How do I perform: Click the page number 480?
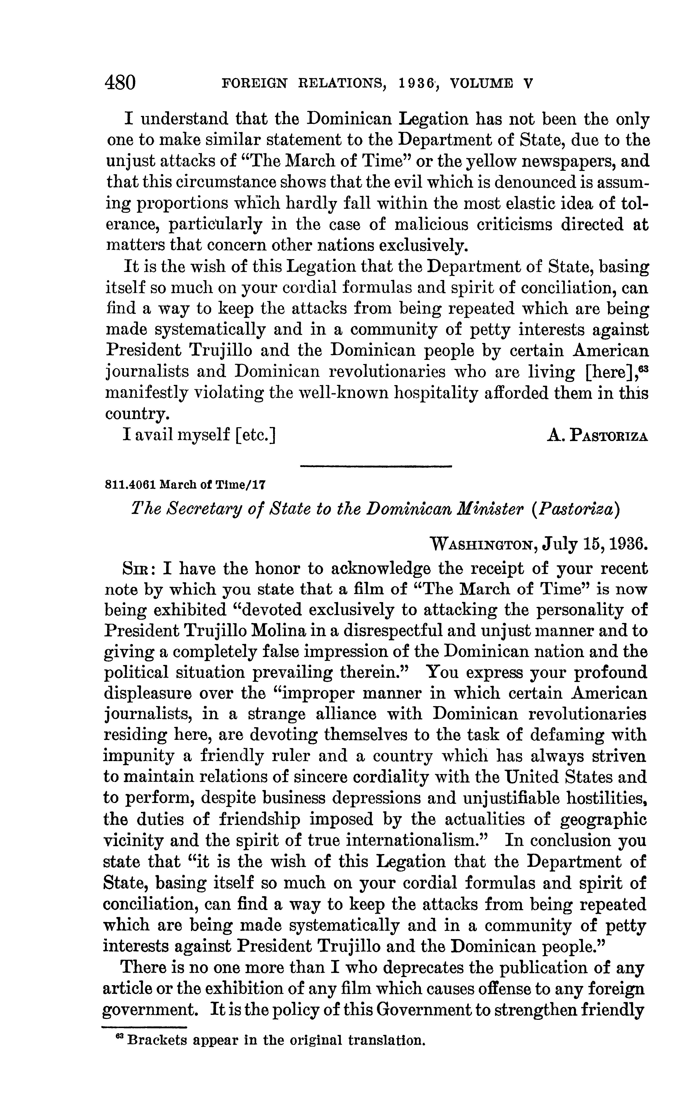[x=120, y=83]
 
